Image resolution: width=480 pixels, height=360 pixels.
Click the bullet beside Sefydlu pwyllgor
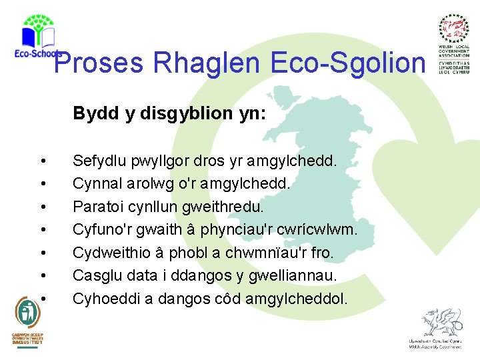click(x=43, y=161)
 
